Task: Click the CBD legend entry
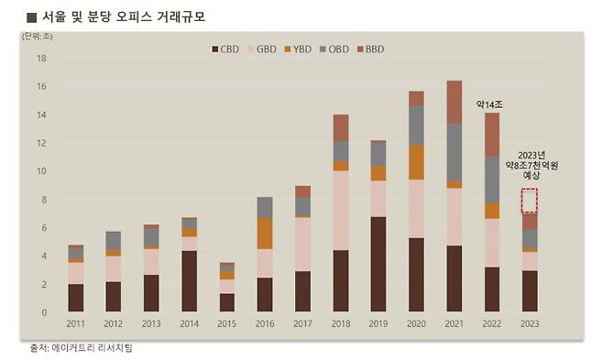click(226, 49)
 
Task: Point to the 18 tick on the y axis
click(40, 58)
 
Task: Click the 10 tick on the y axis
click(40, 171)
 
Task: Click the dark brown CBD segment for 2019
click(377, 265)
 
